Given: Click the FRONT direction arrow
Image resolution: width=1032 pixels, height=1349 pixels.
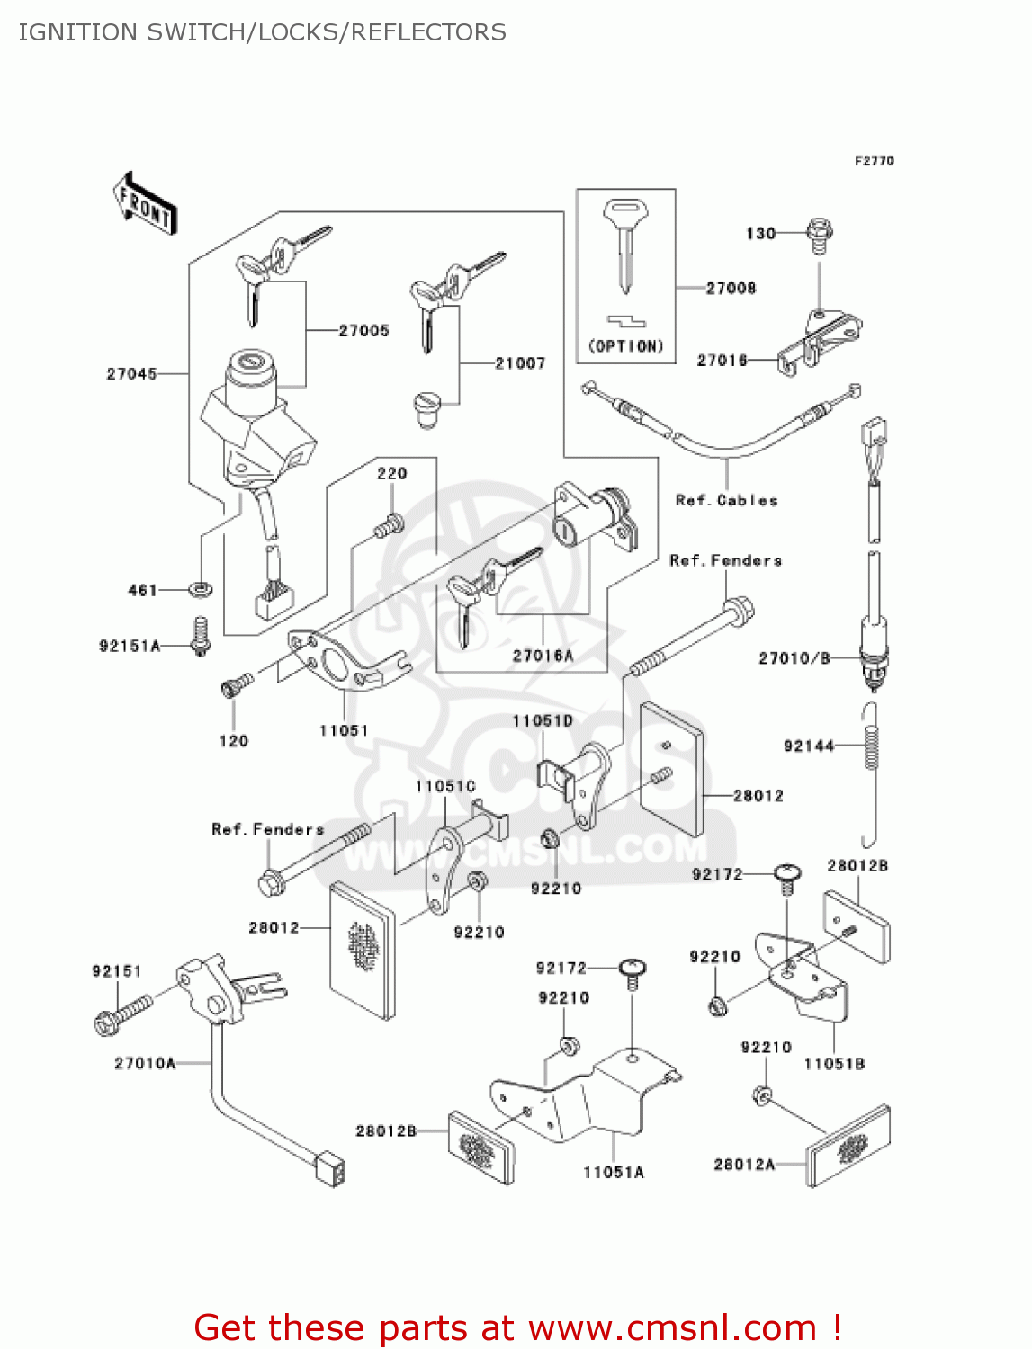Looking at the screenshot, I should (145, 204).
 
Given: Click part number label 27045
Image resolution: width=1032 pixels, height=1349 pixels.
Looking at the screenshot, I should (131, 374).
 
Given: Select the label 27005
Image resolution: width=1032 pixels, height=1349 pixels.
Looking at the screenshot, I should (363, 331).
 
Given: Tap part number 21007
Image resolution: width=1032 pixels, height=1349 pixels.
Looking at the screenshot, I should (520, 363).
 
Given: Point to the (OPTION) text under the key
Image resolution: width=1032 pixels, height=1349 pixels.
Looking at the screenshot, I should (626, 346).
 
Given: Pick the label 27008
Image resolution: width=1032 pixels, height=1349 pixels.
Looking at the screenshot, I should (731, 289).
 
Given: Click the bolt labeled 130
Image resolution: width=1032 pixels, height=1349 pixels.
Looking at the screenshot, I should (819, 233).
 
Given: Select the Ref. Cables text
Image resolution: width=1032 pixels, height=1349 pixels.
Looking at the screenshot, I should (726, 501).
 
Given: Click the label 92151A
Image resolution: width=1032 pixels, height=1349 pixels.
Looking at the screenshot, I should (129, 646).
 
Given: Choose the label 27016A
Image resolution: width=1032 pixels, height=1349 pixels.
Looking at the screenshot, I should (543, 656).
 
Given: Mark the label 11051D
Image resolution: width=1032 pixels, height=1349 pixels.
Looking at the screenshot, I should (543, 721).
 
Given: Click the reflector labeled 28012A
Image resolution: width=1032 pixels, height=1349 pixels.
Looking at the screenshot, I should (848, 1146).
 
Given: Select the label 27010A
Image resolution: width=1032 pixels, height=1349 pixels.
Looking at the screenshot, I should (145, 1064).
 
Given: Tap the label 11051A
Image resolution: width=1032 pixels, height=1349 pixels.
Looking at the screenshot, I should (614, 1173).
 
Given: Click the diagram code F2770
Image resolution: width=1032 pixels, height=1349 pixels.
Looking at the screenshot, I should (874, 161).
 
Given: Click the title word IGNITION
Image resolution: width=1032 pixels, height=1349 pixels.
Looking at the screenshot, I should (77, 32).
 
